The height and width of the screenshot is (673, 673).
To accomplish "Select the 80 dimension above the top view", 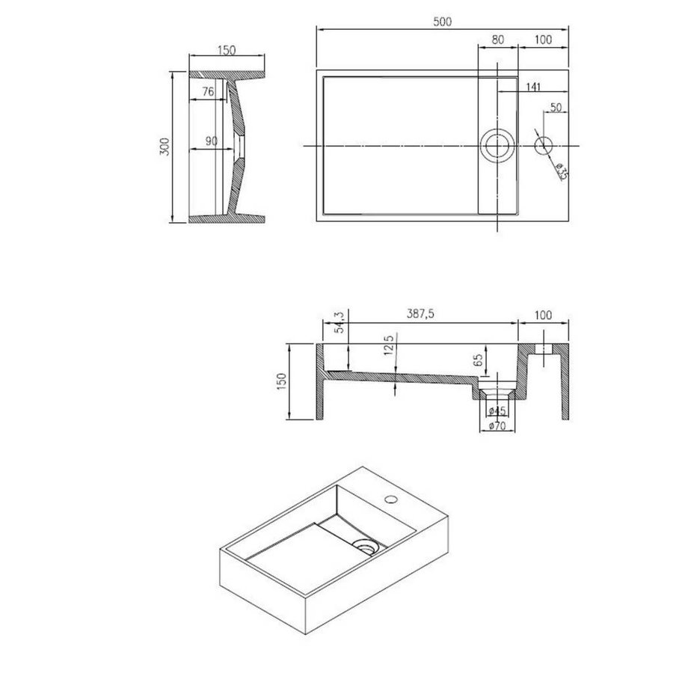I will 497,40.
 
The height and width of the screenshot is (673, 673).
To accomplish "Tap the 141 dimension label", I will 533,87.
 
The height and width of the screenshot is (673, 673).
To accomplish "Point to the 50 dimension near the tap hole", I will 556,108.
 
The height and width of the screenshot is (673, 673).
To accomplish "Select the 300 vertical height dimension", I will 165,147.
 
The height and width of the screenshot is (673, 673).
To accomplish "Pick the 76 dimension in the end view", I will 207,91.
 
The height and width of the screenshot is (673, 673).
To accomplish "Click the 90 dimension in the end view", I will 210,141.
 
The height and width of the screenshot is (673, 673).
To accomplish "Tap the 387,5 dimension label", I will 422,315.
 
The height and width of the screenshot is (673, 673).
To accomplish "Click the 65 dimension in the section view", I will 478,360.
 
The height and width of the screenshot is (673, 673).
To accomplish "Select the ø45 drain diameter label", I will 497,411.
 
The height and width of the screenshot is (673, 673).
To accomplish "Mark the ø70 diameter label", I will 497,426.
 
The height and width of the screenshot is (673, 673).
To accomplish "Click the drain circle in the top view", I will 497,145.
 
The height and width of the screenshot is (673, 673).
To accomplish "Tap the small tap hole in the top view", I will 544,145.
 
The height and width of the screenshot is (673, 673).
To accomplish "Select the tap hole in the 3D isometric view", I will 390,498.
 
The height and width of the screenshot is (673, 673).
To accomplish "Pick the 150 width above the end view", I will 227,51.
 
